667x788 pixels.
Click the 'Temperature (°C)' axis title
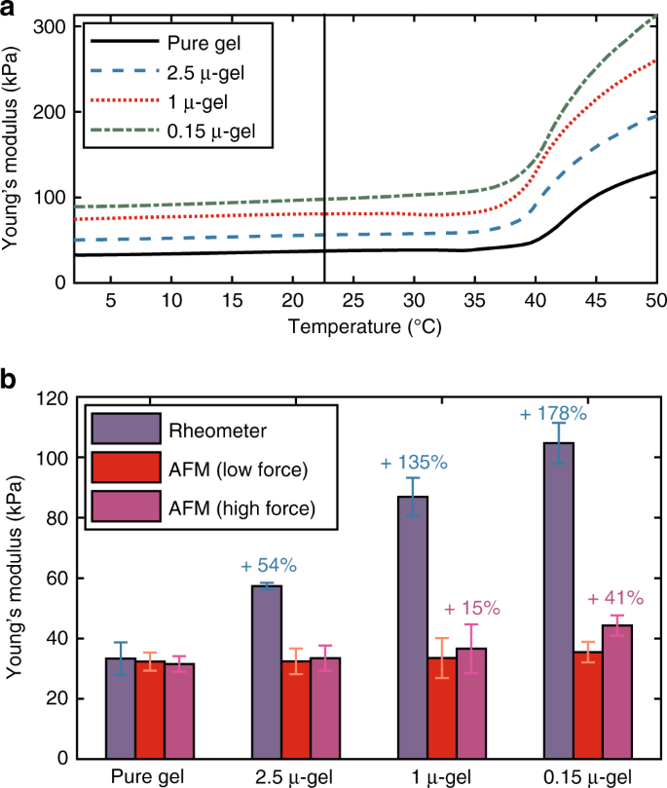pos(364,328)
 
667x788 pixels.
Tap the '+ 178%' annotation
pos(553,413)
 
